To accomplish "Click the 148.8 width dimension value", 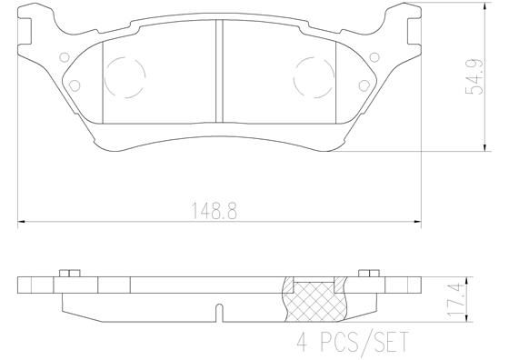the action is point(215,211).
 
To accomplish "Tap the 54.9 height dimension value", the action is point(474,76).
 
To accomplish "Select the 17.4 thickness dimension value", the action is point(454,299).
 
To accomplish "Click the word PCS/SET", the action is point(364,342).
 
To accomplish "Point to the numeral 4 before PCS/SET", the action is point(302,342).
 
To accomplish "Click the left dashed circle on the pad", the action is point(125,77).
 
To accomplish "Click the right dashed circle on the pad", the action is point(314,77).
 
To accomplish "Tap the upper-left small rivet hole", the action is point(65,57).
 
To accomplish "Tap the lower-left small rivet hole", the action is point(75,85).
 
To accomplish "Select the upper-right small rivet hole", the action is point(374,57).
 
